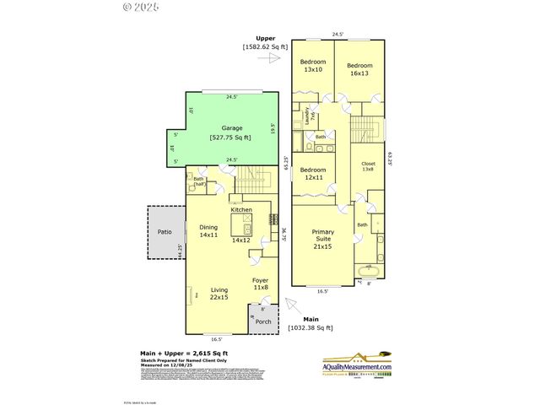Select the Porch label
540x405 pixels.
(x=262, y=321)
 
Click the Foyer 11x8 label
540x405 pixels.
(x=261, y=283)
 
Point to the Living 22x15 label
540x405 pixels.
(x=219, y=293)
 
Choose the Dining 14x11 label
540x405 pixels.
(x=208, y=231)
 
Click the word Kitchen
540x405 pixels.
(x=242, y=209)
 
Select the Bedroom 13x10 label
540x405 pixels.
(x=312, y=65)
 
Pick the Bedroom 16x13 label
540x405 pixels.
(x=360, y=69)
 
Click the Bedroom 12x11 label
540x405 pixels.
(x=315, y=174)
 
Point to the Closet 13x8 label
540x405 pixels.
(x=368, y=166)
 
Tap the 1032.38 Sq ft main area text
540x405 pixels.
(x=310, y=327)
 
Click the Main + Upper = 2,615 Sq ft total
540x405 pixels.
(x=183, y=353)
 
